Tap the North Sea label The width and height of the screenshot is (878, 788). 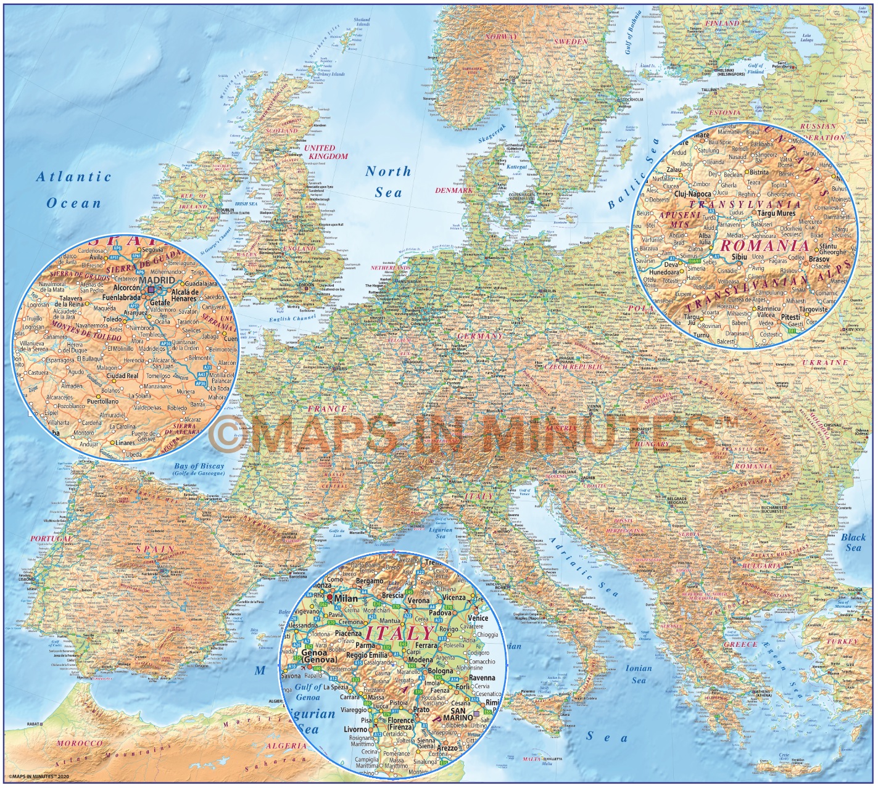click(x=387, y=181)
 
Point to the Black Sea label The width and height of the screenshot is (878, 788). click(x=853, y=542)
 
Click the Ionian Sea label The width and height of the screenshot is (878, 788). click(x=639, y=673)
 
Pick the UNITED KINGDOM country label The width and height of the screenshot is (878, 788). click(x=325, y=152)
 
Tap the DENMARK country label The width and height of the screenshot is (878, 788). click(x=453, y=191)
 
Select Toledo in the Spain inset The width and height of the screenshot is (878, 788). click(x=112, y=319)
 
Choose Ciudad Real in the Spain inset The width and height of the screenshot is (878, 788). click(x=122, y=376)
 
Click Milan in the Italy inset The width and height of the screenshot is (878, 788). click(x=346, y=598)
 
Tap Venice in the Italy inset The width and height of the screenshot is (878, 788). click(x=478, y=617)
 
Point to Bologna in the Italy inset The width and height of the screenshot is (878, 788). click(x=440, y=670)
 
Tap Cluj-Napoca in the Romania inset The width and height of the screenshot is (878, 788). click(x=693, y=194)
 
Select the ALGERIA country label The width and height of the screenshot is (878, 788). click(x=286, y=745)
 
